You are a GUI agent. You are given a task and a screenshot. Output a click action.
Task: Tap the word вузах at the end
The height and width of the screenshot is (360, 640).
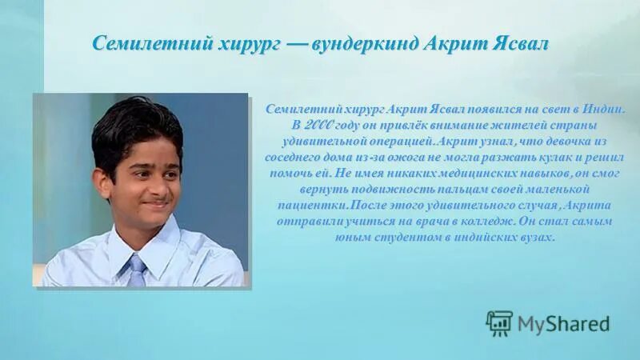[534, 238]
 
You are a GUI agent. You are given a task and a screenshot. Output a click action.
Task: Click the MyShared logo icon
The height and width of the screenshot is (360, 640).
[499, 323]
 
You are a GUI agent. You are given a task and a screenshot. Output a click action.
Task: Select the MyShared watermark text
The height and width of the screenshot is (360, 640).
[563, 324]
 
